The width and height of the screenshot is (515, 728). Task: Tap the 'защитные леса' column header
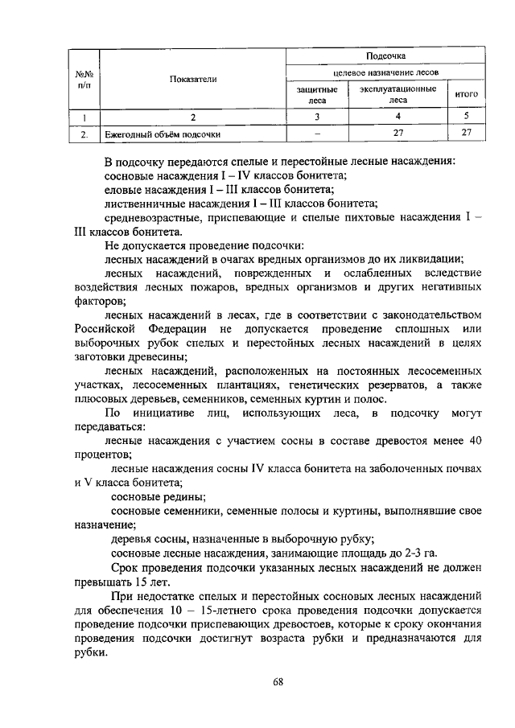point(317,95)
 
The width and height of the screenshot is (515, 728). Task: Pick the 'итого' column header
point(467,94)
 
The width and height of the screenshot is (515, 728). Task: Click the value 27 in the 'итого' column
point(467,134)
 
